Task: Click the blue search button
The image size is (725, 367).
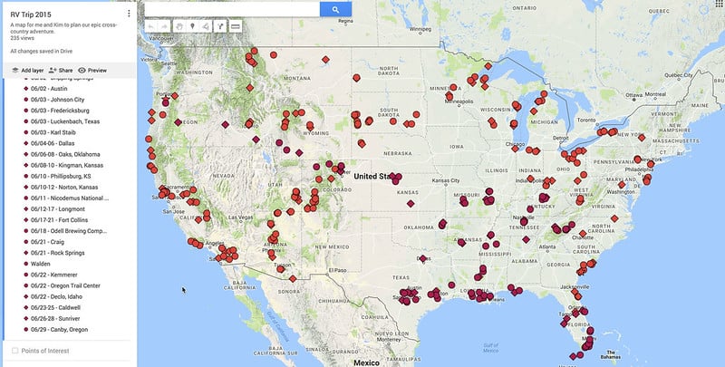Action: tap(335, 9)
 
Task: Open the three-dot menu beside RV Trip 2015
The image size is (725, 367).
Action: tap(130, 14)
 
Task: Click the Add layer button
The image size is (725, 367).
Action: tap(27, 70)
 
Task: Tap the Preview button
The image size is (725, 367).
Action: tap(92, 70)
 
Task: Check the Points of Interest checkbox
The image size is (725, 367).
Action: tap(14, 350)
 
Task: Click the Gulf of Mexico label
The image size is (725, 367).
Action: tap(491, 346)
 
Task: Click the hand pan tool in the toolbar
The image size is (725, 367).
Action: tap(177, 27)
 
